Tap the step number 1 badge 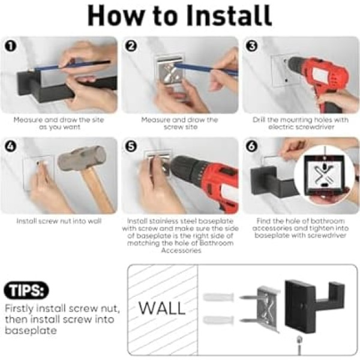pos(11,47)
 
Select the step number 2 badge pos(131,47)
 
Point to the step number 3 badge pos(251,47)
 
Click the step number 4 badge pos(11,146)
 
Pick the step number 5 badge pos(131,146)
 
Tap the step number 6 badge pos(251,146)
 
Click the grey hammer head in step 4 pos(82,158)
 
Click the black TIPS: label pos(26,290)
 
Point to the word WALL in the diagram pos(162,308)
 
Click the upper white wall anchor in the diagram pos(218,298)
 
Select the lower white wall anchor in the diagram pos(218,320)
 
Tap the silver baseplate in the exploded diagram pos(268,309)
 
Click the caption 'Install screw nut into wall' pos(59,221)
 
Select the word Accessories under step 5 pos(181,250)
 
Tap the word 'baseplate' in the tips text pos(31,331)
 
